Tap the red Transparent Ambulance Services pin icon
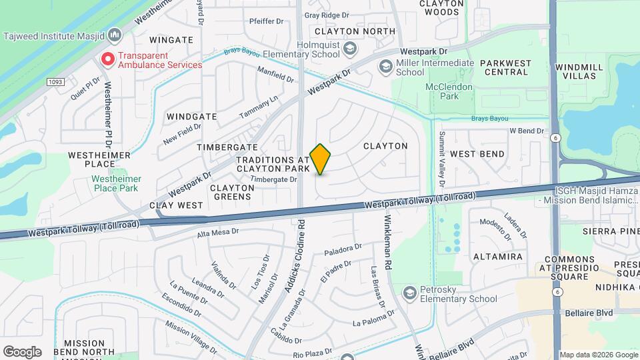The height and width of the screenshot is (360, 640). tap(107, 59)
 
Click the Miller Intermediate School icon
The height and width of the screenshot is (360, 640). tap(385, 67)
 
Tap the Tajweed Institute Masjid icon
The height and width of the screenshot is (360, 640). tap(115, 34)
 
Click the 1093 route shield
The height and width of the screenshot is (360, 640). tap(55, 81)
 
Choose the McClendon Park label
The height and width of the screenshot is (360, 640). tap(449, 91)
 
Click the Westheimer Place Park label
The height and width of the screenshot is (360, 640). tap(115, 183)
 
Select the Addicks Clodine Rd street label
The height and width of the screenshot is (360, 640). tap(294, 256)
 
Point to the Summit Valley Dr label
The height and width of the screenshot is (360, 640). tap(441, 155)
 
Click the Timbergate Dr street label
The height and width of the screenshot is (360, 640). tap(273, 179)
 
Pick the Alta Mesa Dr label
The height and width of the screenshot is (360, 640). tap(217, 233)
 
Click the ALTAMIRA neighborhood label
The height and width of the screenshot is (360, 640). tap(497, 257)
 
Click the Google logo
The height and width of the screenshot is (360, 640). tap(22, 351)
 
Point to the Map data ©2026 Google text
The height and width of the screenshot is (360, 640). tap(599, 355)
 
